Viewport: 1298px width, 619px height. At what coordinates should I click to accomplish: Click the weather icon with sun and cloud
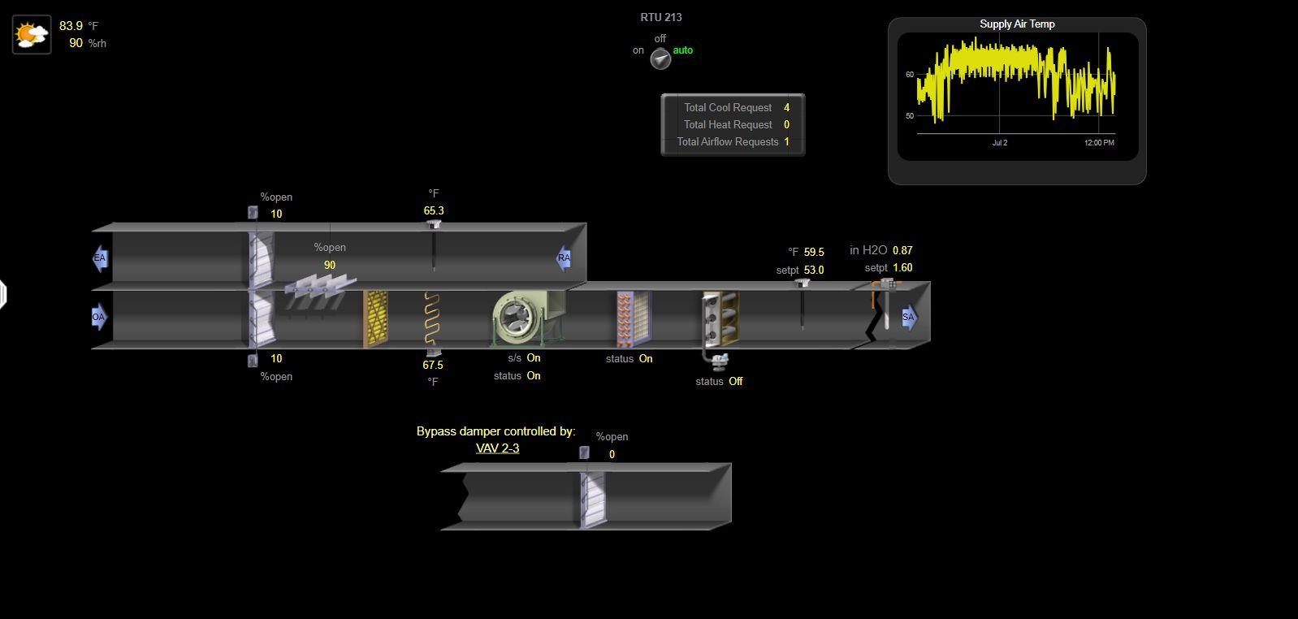[x=32, y=35]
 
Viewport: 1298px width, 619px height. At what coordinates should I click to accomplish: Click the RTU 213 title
[x=661, y=17]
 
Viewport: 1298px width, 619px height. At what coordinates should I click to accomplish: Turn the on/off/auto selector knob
[x=660, y=58]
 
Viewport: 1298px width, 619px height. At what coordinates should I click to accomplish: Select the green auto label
[x=682, y=50]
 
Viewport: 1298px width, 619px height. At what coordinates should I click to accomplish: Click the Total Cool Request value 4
[x=786, y=107]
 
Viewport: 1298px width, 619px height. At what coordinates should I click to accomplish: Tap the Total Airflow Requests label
[x=727, y=141]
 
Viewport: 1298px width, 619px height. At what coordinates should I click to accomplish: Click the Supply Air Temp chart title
[x=1017, y=24]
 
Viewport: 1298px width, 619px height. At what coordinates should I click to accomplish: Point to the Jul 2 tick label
[x=999, y=143]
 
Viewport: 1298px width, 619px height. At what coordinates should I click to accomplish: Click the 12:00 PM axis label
[x=1099, y=143]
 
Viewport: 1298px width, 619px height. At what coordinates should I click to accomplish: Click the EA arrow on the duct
[x=100, y=258]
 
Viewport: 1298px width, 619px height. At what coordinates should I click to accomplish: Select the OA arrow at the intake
[x=99, y=317]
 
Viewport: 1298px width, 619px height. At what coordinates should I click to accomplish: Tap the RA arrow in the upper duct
[x=563, y=258]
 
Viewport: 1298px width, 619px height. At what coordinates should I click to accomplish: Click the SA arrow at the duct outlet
[x=909, y=317]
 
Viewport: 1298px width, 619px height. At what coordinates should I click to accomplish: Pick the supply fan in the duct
[x=520, y=318]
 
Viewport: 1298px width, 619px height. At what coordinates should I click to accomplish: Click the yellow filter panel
[x=375, y=319]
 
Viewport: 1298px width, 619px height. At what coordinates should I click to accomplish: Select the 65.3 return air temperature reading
[x=434, y=211]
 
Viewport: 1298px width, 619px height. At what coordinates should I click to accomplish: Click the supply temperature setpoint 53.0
[x=814, y=270]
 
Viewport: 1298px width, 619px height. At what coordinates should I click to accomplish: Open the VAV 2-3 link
[x=497, y=448]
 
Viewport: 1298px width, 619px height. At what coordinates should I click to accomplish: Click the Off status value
[x=735, y=382]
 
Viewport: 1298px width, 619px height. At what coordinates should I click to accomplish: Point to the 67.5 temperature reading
[x=433, y=366]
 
